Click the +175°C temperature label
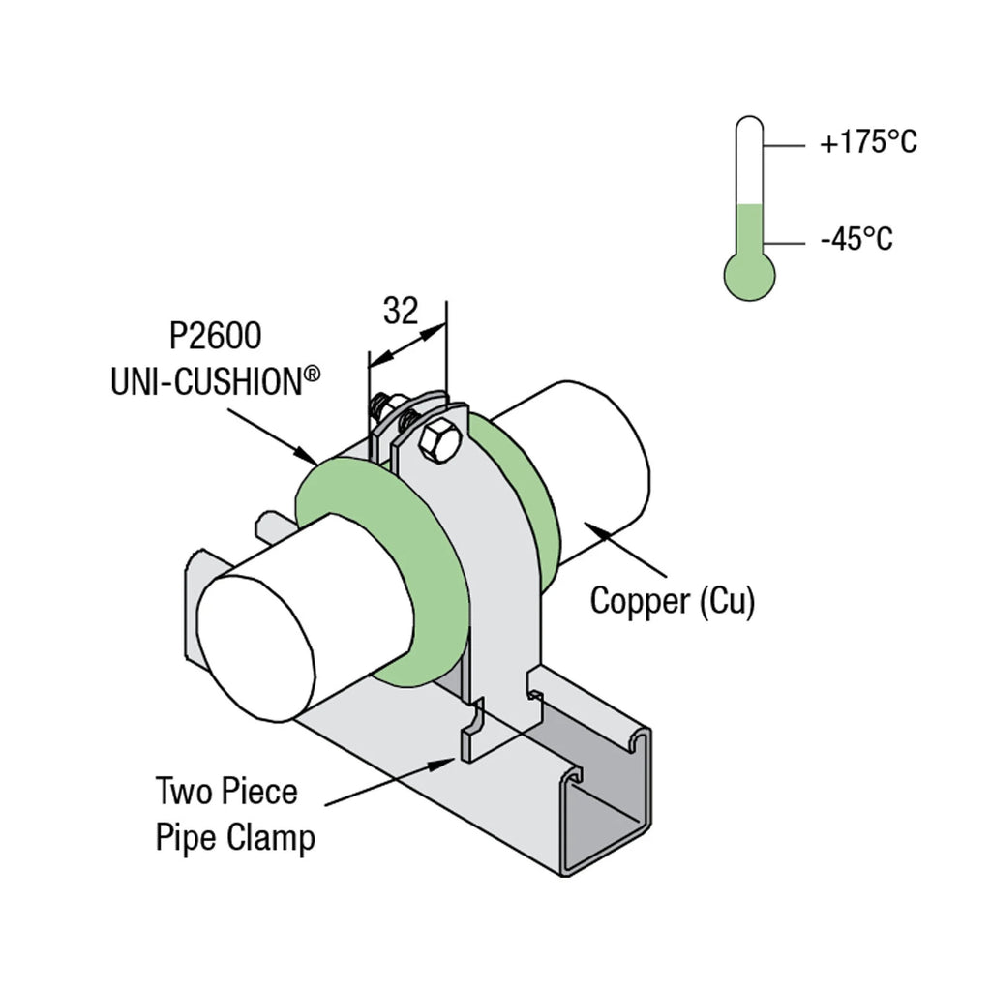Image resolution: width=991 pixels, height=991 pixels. [x=867, y=144]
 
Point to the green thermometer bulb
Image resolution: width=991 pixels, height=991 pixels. [x=749, y=276]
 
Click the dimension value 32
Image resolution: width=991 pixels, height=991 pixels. [x=401, y=311]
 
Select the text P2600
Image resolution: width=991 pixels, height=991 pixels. [x=215, y=338]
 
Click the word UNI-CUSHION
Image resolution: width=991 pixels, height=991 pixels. [x=205, y=381]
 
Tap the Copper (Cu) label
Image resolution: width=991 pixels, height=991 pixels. [x=673, y=601]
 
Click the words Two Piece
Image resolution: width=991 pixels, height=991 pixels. [x=226, y=792]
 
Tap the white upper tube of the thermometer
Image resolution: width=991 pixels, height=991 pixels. [x=749, y=160]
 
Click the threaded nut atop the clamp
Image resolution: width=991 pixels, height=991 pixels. [x=381, y=405]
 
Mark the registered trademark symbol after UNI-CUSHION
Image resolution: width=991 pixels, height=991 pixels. [x=313, y=373]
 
